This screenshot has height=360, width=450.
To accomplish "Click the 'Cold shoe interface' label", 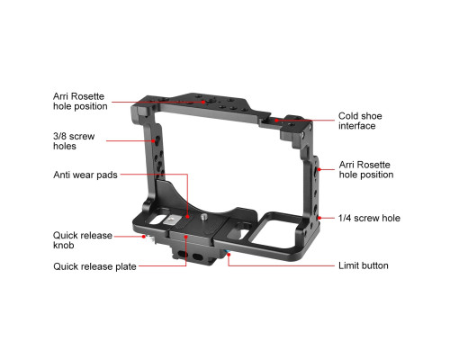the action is [360, 121].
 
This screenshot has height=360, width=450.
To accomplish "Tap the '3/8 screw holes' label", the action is [74, 141].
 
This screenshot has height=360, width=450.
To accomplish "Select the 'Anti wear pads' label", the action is [85, 175].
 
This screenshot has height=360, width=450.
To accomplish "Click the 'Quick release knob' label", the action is [83, 240].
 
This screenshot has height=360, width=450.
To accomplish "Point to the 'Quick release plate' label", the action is [94, 266].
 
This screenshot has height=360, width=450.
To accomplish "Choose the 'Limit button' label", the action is [364, 265].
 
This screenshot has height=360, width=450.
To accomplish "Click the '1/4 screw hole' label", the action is [369, 218].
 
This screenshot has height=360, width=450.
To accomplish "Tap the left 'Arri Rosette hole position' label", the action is [80, 101].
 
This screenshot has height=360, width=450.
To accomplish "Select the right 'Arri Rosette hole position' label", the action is [366, 169].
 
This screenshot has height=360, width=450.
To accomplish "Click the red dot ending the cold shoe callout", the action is [276, 121].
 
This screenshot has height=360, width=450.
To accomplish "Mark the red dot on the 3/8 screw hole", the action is [154, 140].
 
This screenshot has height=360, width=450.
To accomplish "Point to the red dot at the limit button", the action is [229, 255].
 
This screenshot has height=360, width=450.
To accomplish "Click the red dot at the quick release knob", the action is [144, 237].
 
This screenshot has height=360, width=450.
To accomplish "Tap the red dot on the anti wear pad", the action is [187, 216].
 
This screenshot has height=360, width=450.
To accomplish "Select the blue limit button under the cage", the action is [226, 252].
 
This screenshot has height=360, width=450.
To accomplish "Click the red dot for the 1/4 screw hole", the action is [319, 218].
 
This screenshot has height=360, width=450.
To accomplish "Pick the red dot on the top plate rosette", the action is [203, 102].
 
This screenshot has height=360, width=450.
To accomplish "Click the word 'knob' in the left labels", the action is [64, 245].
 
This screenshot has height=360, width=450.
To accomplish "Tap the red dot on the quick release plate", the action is [186, 237].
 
